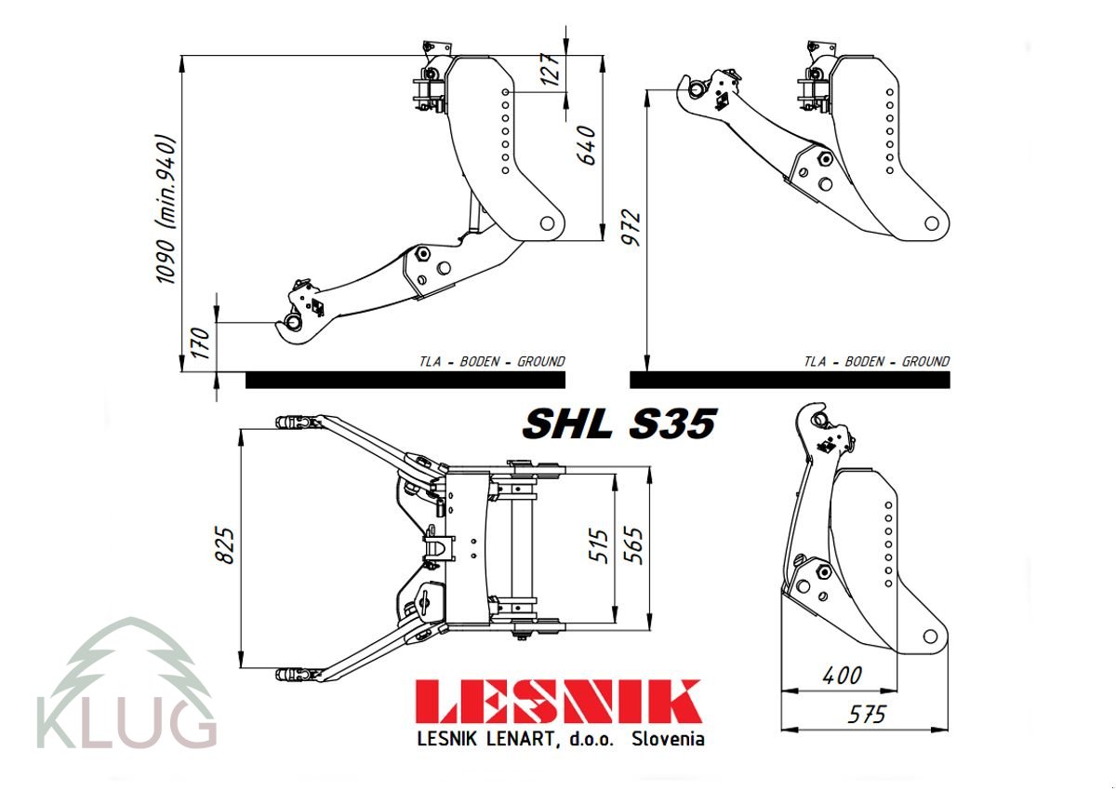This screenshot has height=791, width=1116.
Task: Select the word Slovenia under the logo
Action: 667,740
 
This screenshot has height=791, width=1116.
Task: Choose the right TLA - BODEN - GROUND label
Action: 877,362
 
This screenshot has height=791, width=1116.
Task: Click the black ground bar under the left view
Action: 405,380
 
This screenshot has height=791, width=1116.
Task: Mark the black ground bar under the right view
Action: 790,380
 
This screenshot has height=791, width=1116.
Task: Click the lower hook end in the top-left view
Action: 292,322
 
